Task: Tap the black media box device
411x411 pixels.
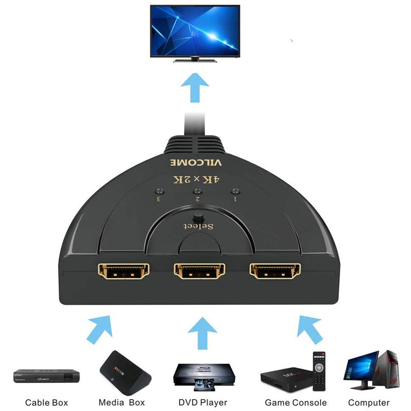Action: [x=121, y=370]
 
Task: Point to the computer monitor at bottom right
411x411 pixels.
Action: [x=361, y=369]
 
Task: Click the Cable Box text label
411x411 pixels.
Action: [x=46, y=402]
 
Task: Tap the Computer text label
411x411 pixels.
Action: [x=368, y=402]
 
